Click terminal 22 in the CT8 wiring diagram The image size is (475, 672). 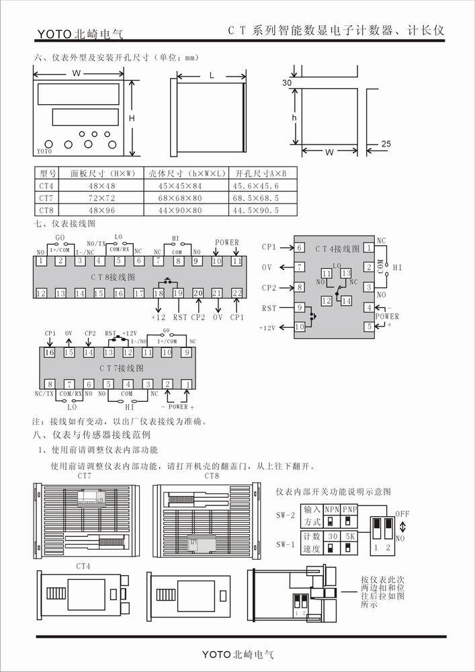pos(236,293)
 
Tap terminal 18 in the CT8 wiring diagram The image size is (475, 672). pos(159,293)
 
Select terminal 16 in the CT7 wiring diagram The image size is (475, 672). pos(49,352)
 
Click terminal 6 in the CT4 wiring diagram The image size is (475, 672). pos(300,247)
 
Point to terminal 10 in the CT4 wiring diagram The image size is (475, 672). pos(300,327)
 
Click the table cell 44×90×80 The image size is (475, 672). pos(175,210)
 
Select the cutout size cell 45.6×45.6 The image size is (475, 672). pos(255,186)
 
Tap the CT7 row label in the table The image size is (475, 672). pos(46,198)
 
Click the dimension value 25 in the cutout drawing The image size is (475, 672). pos(386,144)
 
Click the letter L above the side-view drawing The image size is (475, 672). pos(212,76)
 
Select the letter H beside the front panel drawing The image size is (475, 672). pos(132,118)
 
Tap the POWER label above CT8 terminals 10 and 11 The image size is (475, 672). pos(226,243)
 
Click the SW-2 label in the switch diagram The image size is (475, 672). pos(286,515)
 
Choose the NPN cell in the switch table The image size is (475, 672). pos(331,510)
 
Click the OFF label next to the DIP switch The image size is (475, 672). pos(402,514)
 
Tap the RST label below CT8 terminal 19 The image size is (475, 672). pos(180,317)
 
